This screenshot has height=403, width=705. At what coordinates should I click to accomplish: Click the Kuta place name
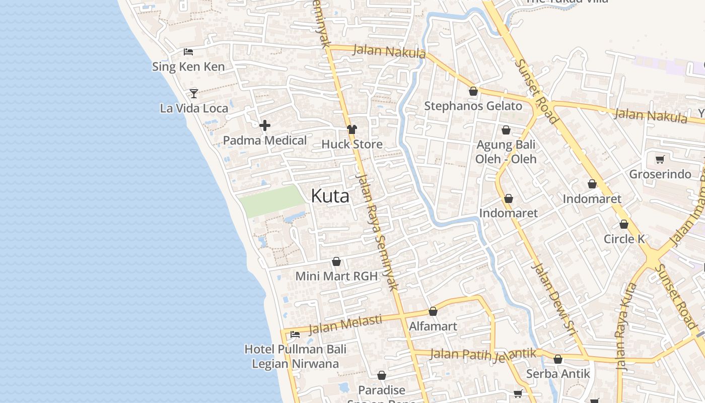[x=330, y=195]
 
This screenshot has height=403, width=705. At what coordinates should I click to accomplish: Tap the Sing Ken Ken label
[x=188, y=66]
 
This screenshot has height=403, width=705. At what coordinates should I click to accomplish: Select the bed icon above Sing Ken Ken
[x=188, y=51]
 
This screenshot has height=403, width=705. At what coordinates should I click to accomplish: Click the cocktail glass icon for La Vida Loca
[x=194, y=93]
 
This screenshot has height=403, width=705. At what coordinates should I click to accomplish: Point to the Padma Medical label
[x=265, y=141]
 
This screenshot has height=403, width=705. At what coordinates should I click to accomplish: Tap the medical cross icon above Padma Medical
[x=265, y=125]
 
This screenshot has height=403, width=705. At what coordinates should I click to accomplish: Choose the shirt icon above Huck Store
[x=352, y=129]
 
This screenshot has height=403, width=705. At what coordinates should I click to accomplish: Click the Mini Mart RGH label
[x=336, y=276]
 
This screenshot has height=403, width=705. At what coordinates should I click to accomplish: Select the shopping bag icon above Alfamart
[x=433, y=312]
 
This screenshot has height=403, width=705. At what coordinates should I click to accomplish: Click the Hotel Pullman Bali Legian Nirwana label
[x=296, y=356]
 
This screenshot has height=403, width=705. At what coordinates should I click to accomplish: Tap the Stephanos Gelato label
[x=473, y=106]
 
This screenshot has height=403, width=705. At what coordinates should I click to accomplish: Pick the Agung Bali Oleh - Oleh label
[x=506, y=152]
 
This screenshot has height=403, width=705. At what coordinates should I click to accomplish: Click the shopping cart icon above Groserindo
[x=660, y=160]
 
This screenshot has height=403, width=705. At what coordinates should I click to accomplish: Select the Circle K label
[x=624, y=239]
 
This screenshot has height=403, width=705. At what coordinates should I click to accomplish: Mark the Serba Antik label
[x=558, y=374]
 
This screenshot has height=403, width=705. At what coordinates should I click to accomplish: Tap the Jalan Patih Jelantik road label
[x=483, y=354]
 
